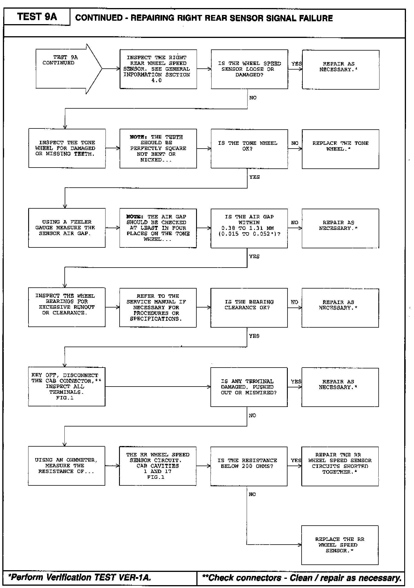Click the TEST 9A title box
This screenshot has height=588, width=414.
(x=37, y=17)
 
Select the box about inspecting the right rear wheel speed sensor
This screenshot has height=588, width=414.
(x=158, y=69)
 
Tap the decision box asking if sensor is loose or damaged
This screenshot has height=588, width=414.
(x=249, y=69)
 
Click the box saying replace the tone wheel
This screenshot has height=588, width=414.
(x=340, y=149)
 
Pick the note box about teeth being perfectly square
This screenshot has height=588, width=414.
(x=158, y=148)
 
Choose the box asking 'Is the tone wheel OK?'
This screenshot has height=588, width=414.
(x=249, y=149)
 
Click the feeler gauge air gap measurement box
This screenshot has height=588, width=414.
(x=67, y=228)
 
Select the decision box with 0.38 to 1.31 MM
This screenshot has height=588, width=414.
(x=249, y=228)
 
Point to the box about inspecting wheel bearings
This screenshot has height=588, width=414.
(x=67, y=307)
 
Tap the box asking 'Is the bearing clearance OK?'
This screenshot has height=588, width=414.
(x=249, y=308)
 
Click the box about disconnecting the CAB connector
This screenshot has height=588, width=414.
(x=67, y=387)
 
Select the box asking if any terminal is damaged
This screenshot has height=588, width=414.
(x=249, y=387)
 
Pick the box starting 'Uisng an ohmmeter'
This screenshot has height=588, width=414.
(x=66, y=466)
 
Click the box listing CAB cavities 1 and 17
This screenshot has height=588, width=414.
(x=158, y=466)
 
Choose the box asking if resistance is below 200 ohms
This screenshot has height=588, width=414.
(x=249, y=466)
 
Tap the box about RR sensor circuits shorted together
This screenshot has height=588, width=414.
(x=340, y=466)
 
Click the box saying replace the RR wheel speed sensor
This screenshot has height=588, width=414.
(x=340, y=545)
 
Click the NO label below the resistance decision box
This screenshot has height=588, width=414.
(x=252, y=494)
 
